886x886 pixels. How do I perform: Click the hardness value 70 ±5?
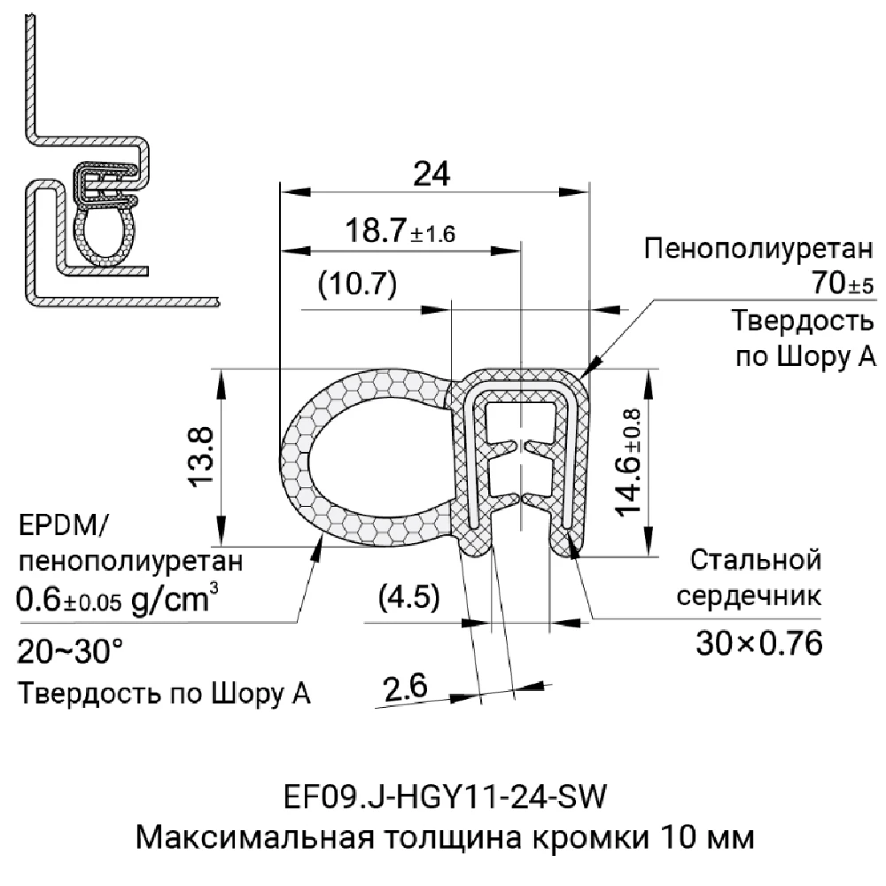(x=841, y=285)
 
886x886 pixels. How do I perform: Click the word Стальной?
(x=756, y=560)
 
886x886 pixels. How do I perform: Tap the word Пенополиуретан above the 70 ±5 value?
(x=760, y=248)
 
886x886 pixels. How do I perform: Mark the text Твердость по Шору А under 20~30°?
(x=164, y=693)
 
